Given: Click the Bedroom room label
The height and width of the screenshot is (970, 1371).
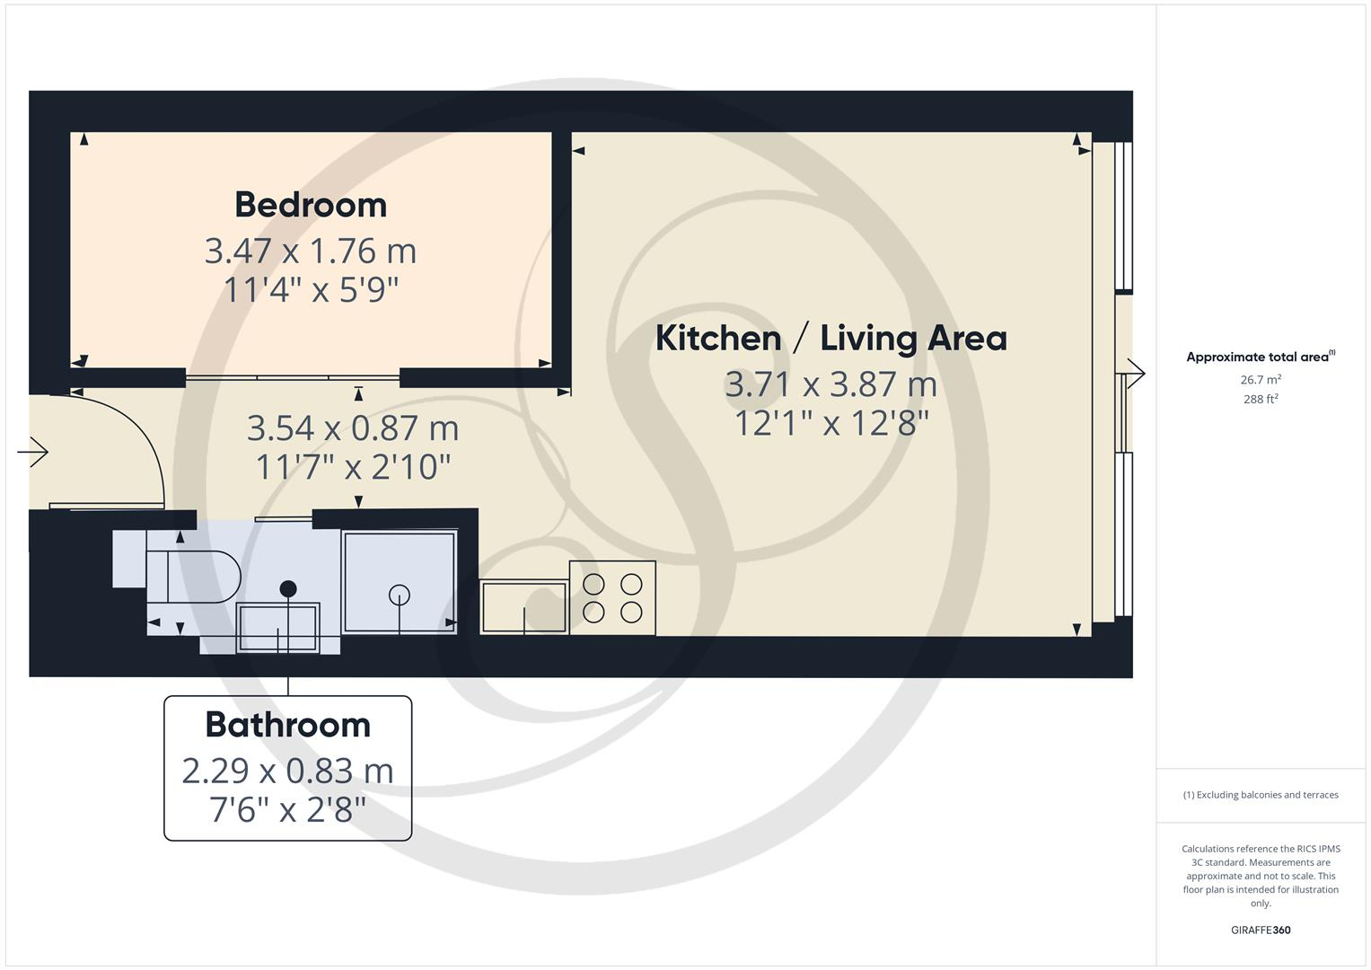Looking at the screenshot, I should click(311, 205).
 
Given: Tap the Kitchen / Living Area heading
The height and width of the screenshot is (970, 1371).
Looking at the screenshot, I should click(831, 339).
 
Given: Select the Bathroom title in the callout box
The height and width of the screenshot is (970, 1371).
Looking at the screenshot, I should click(287, 725).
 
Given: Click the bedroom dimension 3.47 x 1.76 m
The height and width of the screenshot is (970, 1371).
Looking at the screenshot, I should click(311, 251).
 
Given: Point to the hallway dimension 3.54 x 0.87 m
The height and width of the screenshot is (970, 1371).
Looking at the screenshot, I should click(353, 428).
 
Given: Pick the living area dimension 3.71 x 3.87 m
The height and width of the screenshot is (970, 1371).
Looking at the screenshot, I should click(831, 384).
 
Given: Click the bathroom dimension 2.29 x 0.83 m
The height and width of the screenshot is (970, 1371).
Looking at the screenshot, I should click(287, 771).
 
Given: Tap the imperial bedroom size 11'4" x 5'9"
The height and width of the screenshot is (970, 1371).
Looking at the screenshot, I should click(311, 289).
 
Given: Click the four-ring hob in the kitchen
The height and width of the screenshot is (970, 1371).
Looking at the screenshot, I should click(612, 598).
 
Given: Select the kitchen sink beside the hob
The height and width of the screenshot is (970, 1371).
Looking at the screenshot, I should click(524, 608).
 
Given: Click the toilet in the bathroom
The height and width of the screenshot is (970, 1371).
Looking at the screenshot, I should click(202, 576).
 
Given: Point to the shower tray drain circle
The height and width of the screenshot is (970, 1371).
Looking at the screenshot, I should click(400, 595).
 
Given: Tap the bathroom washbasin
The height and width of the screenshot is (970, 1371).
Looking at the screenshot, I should click(277, 628).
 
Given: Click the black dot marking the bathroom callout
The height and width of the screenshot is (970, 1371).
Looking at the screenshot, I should click(288, 589).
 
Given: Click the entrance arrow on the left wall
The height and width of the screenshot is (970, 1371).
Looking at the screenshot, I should click(33, 452).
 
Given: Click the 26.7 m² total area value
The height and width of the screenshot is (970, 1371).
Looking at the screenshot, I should click(1261, 380).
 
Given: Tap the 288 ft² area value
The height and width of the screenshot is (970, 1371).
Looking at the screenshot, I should click(1261, 399).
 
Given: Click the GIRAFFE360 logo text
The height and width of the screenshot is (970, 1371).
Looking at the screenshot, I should click(1261, 930).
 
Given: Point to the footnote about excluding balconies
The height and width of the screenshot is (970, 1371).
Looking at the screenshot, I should click(1261, 795).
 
